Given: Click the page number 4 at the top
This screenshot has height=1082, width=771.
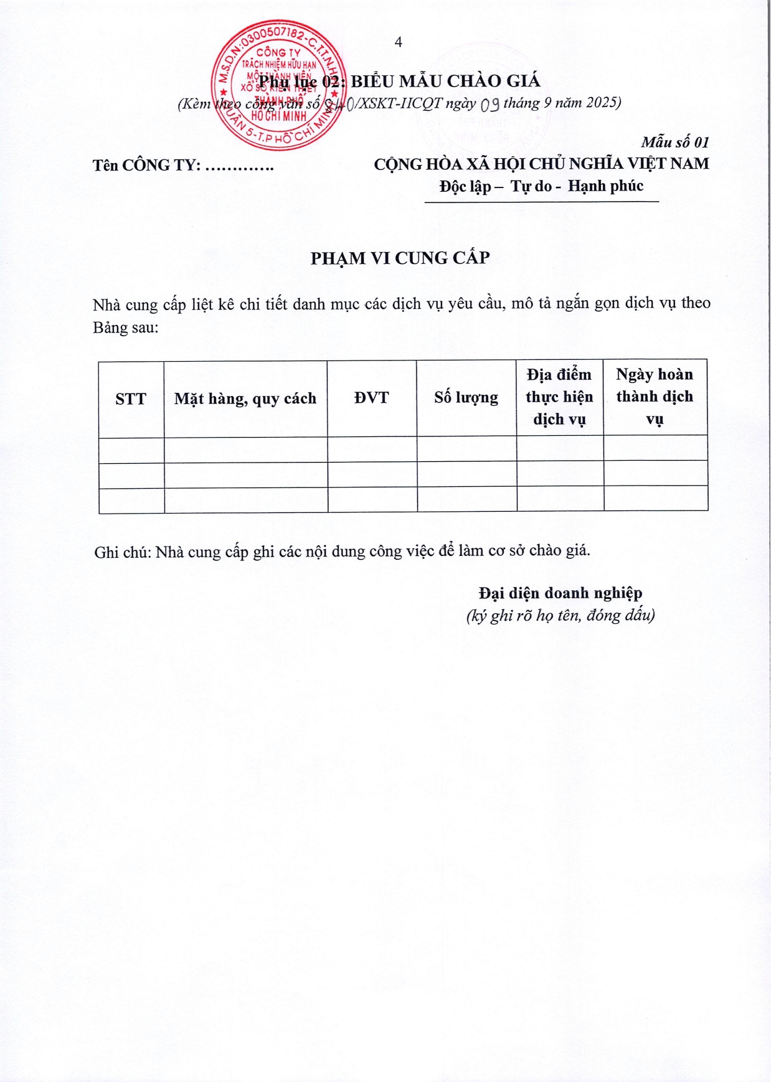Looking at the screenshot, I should point(399,42).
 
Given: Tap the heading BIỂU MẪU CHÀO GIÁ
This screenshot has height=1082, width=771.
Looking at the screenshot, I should point(445,81).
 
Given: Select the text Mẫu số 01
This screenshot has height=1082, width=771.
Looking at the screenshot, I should point(675,142).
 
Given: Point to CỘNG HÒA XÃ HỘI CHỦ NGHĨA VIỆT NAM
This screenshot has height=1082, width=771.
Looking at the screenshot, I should point(541,164).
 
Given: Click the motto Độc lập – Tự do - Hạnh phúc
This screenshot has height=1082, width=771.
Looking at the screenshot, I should point(541,186).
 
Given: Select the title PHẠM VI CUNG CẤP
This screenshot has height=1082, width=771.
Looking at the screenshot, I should point(400,258).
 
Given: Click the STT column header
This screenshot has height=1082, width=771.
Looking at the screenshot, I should point(131,399).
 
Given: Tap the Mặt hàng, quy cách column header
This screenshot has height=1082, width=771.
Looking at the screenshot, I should point(245,398).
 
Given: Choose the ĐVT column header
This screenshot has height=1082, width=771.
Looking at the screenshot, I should point(372,398).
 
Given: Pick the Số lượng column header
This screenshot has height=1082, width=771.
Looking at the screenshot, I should point(466,397).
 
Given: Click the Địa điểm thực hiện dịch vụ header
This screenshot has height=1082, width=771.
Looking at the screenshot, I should point(559,397).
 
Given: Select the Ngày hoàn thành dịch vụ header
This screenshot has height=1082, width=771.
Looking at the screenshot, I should point(655,396).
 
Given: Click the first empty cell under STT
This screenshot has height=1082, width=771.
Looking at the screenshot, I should point(131,450).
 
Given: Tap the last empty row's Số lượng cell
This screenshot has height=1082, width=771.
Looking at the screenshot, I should point(466,499).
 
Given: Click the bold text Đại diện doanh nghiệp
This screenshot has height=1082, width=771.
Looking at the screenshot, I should point(561,593).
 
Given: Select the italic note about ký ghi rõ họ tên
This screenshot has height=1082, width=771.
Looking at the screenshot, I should point(561,616).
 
